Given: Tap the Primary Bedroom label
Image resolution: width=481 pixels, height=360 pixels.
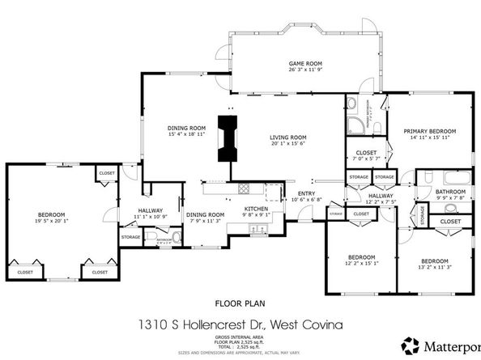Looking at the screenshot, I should tap(429, 131).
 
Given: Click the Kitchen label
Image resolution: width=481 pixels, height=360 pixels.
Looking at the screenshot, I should tap(256, 208).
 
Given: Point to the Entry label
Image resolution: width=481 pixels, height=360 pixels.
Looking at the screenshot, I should tap(306, 193).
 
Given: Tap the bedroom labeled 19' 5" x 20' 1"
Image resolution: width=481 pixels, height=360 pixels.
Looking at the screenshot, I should tap(49, 215).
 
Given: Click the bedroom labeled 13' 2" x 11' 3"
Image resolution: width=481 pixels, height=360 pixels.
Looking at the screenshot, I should tap(434, 261).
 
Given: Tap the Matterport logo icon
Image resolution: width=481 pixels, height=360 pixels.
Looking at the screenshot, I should tap(411, 344).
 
